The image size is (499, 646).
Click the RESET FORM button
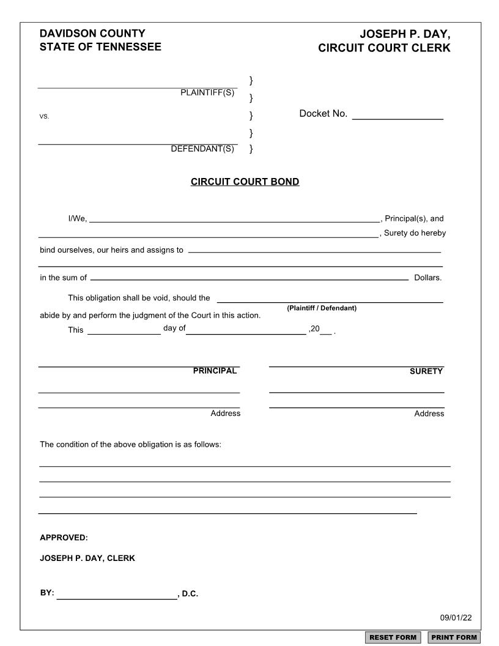coord(393,637)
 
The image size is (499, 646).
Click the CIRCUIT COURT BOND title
coord(245,182)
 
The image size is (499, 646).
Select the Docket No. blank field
coord(397,114)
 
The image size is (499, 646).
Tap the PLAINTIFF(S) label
coord(207,92)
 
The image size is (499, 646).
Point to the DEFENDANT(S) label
coord(202,149)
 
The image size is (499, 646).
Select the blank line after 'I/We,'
coord(235,218)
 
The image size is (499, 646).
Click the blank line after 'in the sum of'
coord(250,277)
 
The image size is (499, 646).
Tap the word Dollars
coord(427,278)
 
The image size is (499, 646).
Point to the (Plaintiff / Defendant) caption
coord(322,308)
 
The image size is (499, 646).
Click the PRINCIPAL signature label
coord(215,371)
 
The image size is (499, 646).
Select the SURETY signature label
coord(426,371)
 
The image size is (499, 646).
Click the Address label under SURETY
coord(429,414)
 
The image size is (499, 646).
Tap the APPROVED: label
coord(64,538)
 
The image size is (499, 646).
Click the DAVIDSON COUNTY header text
coord(92,34)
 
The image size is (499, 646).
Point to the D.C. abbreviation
coord(190,594)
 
